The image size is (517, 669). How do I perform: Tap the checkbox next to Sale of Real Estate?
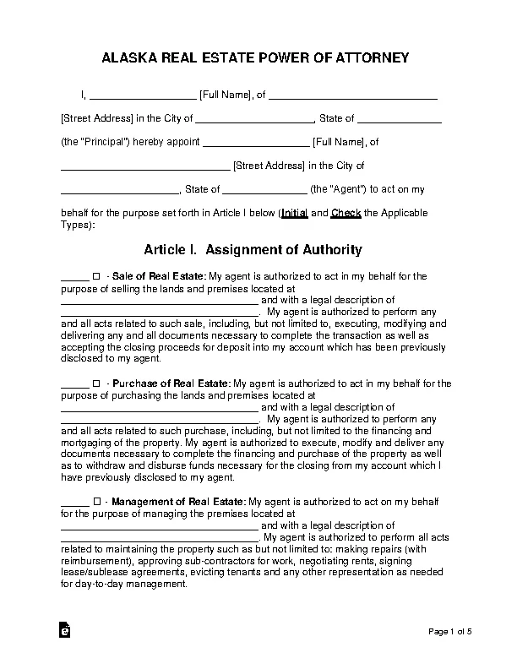(96, 276)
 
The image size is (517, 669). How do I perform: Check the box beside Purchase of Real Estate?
(96, 383)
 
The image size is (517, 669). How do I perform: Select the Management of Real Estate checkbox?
(96, 502)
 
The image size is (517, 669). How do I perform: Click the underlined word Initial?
(294, 214)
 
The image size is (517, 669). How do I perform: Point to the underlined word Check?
(346, 214)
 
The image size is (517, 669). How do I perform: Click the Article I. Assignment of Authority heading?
(253, 250)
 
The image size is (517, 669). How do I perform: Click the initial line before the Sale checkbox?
(74, 278)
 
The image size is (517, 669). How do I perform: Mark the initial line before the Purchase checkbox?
(74, 385)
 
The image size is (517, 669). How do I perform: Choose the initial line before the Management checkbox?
(74, 503)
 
